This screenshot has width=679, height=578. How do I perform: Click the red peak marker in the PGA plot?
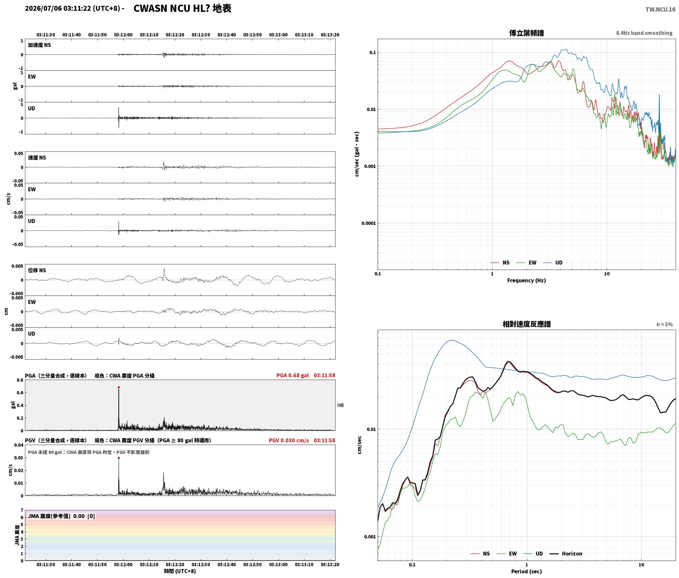click(x=119, y=388)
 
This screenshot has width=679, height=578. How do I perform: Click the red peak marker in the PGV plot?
click(x=119, y=458)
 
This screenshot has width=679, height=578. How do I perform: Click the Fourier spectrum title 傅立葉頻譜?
click(x=527, y=33)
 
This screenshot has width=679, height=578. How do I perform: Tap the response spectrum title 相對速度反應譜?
click(x=527, y=324)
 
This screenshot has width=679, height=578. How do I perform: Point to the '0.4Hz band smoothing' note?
click(x=644, y=33)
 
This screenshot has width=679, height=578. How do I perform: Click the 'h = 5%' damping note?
click(x=665, y=324)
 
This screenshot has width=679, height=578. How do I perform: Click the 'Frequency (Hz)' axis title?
click(x=527, y=280)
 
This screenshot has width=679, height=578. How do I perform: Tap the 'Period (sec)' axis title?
click(x=527, y=571)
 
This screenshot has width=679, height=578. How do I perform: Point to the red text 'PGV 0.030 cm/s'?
click(x=289, y=440)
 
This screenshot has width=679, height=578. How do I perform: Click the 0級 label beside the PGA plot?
click(x=340, y=405)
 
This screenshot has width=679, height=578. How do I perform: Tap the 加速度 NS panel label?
click(x=39, y=45)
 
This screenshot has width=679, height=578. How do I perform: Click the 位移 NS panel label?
click(x=37, y=270)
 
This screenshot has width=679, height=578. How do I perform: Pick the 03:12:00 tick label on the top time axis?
click(x=123, y=35)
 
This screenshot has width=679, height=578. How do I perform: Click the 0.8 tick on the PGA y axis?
click(x=20, y=380)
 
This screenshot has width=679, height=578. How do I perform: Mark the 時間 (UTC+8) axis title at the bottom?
click(x=180, y=571)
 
